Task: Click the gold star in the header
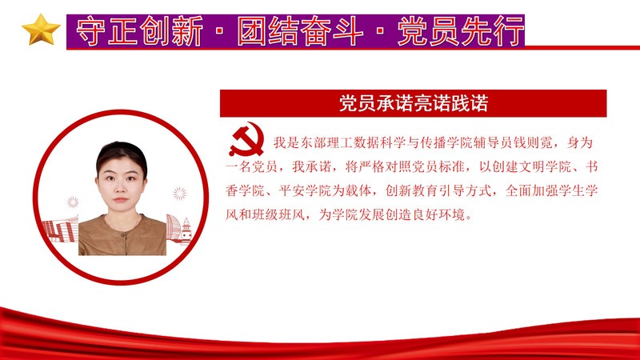pyautogui.click(x=41, y=30)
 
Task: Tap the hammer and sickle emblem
pyautogui.click(x=246, y=139)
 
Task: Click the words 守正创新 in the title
pyautogui.click(x=139, y=31)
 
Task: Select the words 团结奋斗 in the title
pyautogui.click(x=301, y=31)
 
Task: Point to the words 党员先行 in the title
pyautogui.click(x=461, y=31)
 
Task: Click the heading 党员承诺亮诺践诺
pyautogui.click(x=414, y=103)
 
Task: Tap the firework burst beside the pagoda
pyautogui.click(x=179, y=194)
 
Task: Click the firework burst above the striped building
pyautogui.click(x=73, y=202)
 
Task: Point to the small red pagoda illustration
pyautogui.click(x=186, y=231)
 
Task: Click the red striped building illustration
pyautogui.click(x=61, y=230)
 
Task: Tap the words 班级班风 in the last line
pyautogui.click(x=278, y=214)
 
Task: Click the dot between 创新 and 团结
pyautogui.click(x=219, y=31)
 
